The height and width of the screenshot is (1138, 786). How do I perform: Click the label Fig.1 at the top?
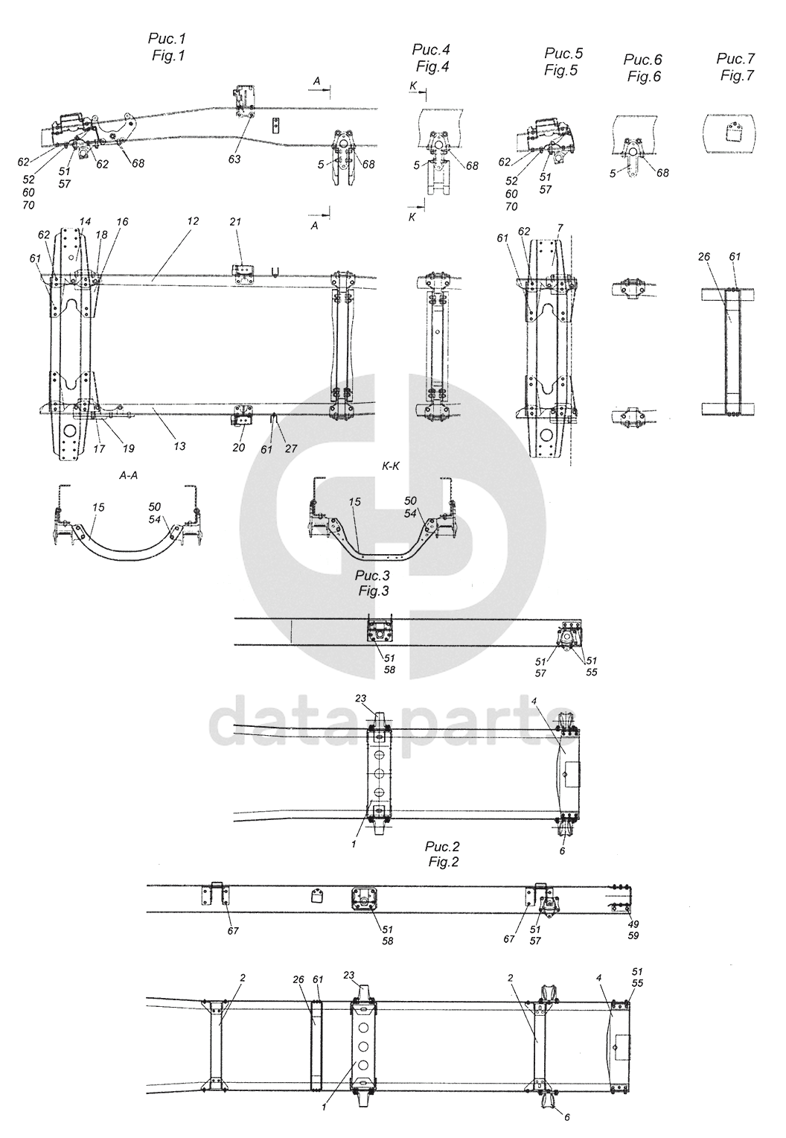(167, 55)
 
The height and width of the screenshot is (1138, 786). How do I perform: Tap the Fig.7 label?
(737, 76)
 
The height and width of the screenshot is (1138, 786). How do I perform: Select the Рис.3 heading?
(373, 576)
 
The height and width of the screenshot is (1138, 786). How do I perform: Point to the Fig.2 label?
(442, 862)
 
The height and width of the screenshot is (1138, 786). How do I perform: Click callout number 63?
(234, 159)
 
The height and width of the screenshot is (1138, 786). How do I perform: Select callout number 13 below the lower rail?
(179, 446)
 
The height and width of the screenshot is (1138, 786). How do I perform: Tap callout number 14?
(85, 221)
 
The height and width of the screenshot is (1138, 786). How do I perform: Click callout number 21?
(235, 222)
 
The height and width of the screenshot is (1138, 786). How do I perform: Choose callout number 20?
(239, 447)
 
